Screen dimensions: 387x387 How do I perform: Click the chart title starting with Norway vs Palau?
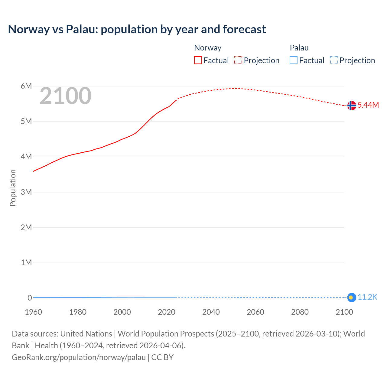pyautogui.click(x=137, y=29)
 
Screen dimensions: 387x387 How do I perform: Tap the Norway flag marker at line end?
pyautogui.click(x=352, y=106)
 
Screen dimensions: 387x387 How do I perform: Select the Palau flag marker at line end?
pyautogui.click(x=351, y=298)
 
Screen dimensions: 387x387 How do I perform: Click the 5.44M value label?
pyautogui.click(x=368, y=105)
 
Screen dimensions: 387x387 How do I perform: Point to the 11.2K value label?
pyautogui.click(x=367, y=297)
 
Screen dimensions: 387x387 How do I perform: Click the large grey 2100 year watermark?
pyautogui.click(x=66, y=96)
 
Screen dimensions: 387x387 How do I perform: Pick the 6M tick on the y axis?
pyautogui.click(x=26, y=86)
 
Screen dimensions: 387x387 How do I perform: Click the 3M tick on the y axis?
pyautogui.click(x=26, y=192)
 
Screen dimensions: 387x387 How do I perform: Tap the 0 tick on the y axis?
pyautogui.click(x=30, y=298)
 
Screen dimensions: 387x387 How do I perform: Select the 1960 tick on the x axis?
pyautogui.click(x=33, y=312)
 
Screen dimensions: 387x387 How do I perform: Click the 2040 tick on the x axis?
pyautogui.click(x=211, y=312)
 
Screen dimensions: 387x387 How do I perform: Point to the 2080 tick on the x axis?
pyautogui.click(x=300, y=312)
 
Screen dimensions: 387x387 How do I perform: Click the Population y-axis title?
pyautogui.click(x=13, y=188)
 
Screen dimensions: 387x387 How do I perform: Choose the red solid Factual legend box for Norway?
pyautogui.click(x=198, y=60)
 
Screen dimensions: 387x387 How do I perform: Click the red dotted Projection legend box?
pyautogui.click(x=238, y=60)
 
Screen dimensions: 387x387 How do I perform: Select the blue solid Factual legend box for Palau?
pyautogui.click(x=294, y=60)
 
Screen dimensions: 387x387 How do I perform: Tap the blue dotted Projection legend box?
pyautogui.click(x=334, y=60)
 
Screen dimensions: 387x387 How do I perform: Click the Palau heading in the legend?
pyautogui.click(x=299, y=48)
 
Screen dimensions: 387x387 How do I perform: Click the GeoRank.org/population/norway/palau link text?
pyautogui.click(x=79, y=357)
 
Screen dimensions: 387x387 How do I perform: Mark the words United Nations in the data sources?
pyautogui.click(x=86, y=334)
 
